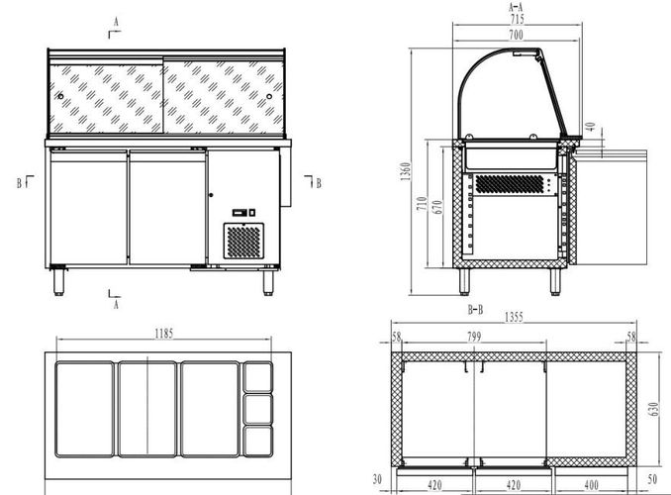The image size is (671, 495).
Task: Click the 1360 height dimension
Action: click(406, 171)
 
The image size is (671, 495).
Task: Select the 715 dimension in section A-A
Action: click(517, 19)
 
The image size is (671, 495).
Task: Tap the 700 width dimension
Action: click(516, 35)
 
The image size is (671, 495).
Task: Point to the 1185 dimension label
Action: click(164, 334)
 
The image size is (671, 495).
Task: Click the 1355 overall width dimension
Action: click(514, 317)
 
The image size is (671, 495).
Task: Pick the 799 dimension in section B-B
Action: click(474, 337)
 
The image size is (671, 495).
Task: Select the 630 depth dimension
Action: click(653, 410)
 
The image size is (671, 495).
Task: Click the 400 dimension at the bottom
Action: click(591, 485)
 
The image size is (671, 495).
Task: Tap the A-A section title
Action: click(516, 7)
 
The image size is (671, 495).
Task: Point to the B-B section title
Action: click(475, 310)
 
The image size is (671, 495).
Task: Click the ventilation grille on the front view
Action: click(243, 242)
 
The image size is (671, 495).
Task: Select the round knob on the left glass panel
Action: click(60, 96)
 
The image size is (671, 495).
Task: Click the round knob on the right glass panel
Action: click(269, 96)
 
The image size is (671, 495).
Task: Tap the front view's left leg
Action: click(58, 282)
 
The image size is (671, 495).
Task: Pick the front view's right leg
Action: click(268, 282)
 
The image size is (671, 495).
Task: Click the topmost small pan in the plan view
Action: click(257, 377)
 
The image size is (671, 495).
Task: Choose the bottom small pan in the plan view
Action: click(257, 442)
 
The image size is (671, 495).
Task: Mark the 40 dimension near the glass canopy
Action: click(591, 127)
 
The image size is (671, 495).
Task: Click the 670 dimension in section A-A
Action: click(437, 208)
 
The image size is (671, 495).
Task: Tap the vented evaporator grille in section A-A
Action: click(510, 184)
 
